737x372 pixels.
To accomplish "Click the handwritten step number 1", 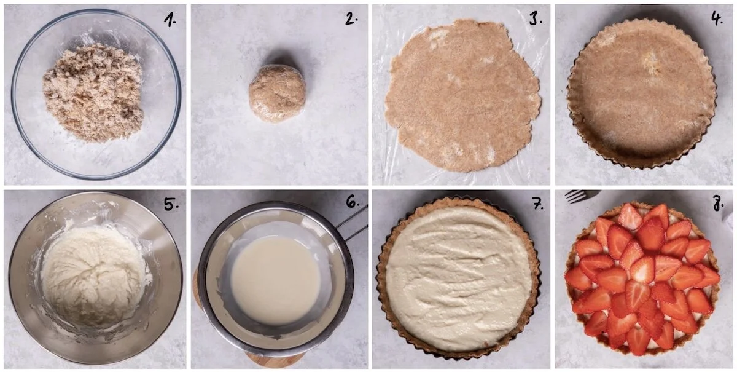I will [x=169, y=20].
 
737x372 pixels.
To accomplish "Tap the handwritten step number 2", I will [x=350, y=19].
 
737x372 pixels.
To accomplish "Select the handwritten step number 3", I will [x=534, y=19].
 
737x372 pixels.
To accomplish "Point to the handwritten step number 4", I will [x=717, y=19].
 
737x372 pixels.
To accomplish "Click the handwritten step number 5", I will [x=170, y=205].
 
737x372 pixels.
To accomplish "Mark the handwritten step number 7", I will [x=537, y=205].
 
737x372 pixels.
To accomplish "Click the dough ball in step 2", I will [x=277, y=93].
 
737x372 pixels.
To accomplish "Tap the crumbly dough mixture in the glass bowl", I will [x=93, y=92].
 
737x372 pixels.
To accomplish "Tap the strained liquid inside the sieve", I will [x=275, y=280].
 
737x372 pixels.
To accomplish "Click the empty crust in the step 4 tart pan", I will [x=642, y=92].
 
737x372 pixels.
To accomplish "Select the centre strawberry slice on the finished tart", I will [x=642, y=271].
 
